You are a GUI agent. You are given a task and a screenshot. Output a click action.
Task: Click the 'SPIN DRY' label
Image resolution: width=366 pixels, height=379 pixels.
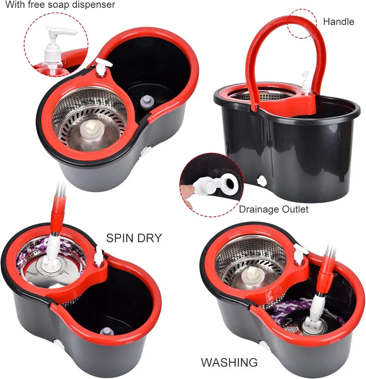[134, 238]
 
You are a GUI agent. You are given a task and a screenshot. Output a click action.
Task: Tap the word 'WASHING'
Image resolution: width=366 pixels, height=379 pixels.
[229, 362]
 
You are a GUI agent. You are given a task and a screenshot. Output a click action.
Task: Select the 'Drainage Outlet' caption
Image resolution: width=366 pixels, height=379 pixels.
[274, 209]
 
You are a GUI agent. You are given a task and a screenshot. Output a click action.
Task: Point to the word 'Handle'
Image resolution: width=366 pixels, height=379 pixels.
[338, 22]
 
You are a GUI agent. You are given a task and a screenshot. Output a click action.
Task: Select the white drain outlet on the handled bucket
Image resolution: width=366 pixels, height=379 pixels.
[261, 181]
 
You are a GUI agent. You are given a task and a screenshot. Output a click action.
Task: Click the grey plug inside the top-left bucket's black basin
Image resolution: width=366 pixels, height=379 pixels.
[147, 101]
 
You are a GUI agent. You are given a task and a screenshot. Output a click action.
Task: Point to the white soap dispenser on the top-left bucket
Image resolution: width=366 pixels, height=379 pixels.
[101, 68]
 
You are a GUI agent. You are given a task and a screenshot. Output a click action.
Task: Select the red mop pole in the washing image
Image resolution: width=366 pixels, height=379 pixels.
[326, 273]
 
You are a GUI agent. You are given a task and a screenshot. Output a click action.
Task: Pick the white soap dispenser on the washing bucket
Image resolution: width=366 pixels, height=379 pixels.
[300, 254]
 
